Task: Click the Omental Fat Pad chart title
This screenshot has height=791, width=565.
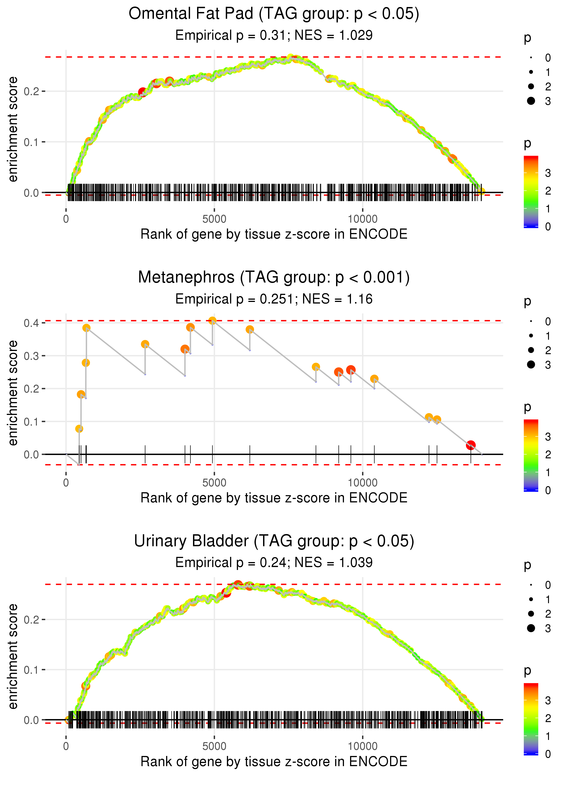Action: pyautogui.click(x=274, y=14)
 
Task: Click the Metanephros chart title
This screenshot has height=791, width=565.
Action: pyautogui.click(x=274, y=277)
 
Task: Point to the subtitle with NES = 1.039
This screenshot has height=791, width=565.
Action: pyautogui.click(x=274, y=563)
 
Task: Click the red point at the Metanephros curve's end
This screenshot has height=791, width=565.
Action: pyautogui.click(x=471, y=445)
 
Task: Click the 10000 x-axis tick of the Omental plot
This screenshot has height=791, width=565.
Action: pyautogui.click(x=363, y=219)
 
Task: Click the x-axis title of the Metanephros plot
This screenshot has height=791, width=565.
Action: pyautogui.click(x=274, y=498)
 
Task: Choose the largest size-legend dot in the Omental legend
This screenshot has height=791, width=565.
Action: pyautogui.click(x=531, y=101)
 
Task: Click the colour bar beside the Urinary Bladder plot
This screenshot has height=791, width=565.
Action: pyautogui.click(x=531, y=719)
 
